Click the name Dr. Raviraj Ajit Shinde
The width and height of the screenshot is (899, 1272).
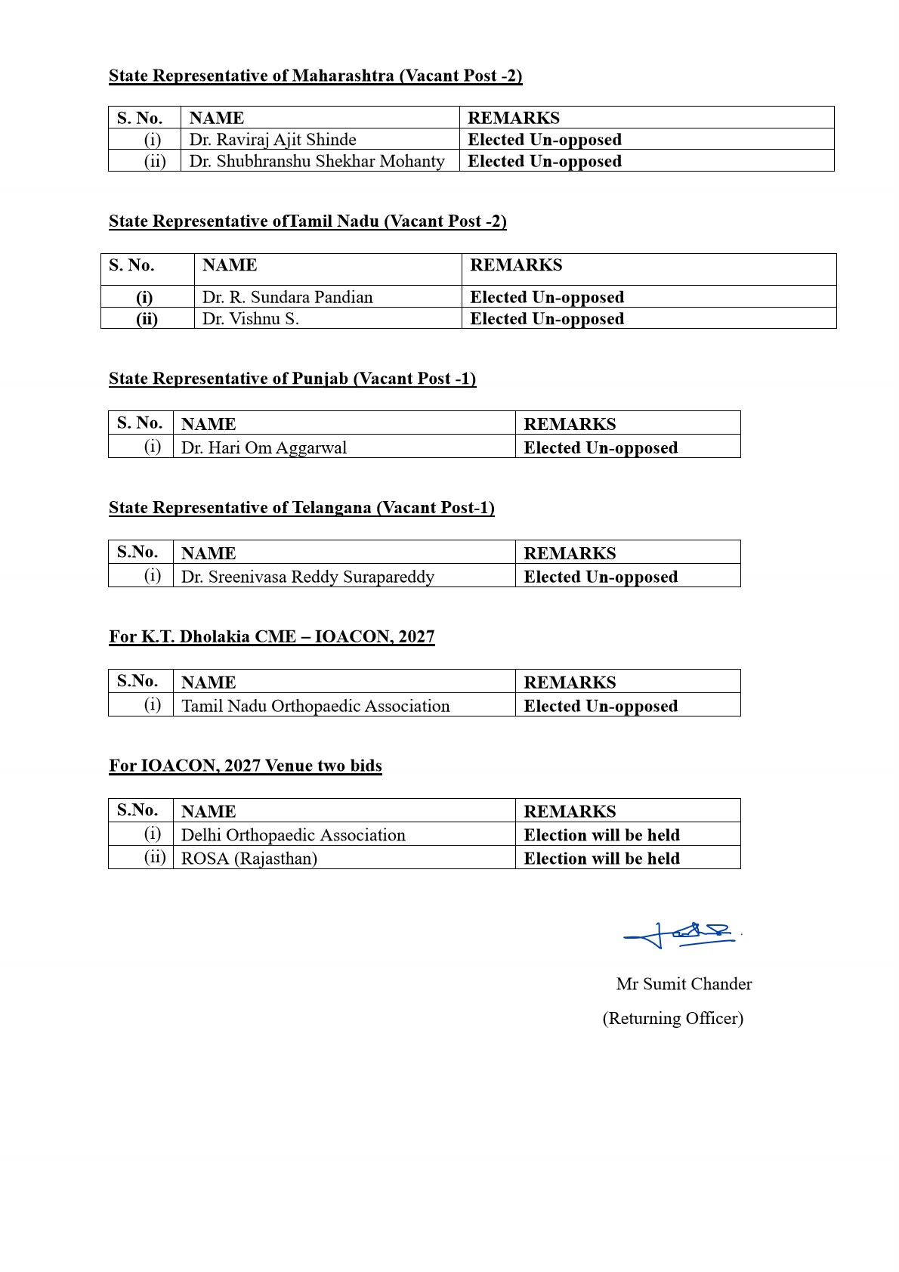[273, 140]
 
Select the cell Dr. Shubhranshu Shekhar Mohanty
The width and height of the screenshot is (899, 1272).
[317, 161]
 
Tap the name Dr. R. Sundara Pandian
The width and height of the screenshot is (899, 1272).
[288, 297]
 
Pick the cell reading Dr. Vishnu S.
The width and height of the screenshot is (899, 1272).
[251, 319]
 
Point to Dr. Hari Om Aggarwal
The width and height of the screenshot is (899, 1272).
[264, 447]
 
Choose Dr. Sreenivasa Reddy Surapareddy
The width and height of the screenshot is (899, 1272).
[308, 577]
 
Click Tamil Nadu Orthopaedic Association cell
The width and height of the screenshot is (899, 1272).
[316, 706]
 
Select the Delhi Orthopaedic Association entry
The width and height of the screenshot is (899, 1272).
[294, 835]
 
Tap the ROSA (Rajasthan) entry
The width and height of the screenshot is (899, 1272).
[249, 859]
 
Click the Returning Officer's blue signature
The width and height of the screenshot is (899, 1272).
[680, 935]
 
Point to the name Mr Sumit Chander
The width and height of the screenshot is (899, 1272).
[684, 984]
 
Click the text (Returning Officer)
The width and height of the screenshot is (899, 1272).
[672, 1019]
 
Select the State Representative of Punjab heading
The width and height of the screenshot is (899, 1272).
[292, 379]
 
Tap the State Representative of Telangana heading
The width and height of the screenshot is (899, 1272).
[301, 508]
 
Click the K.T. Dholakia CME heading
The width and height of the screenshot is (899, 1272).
[272, 636]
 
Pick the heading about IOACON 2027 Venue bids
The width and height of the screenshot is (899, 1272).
[246, 766]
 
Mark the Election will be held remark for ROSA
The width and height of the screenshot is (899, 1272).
[602, 859]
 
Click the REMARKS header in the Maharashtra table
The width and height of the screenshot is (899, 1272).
[514, 118]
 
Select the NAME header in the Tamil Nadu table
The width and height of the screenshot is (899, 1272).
[230, 265]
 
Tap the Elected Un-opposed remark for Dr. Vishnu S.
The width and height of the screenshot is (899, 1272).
[547, 319]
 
